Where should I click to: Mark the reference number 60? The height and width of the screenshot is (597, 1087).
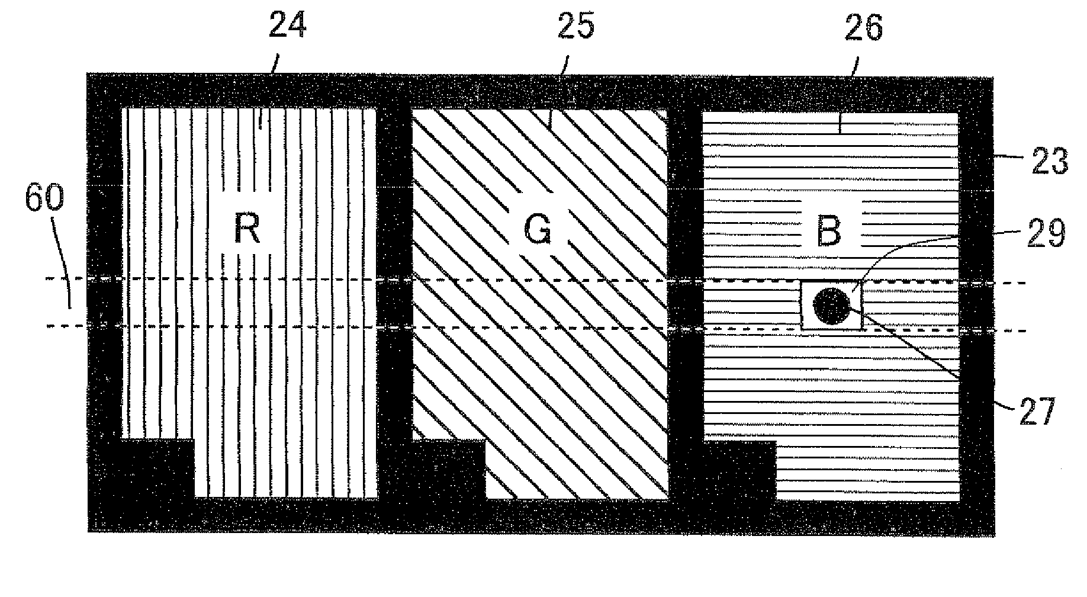(x=44, y=198)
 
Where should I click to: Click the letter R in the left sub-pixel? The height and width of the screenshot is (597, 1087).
(x=247, y=229)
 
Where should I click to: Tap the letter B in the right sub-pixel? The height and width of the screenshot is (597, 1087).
(x=828, y=231)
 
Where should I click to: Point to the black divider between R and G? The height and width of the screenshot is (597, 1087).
(x=394, y=267)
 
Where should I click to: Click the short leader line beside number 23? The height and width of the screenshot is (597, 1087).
(x=1009, y=155)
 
